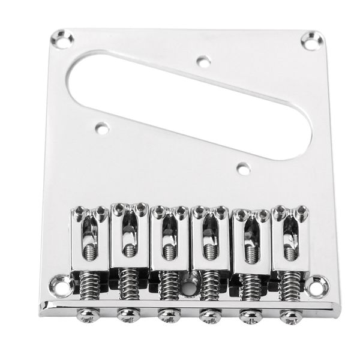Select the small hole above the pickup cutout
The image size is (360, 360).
(x=203, y=61)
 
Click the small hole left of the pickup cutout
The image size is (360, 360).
(x=102, y=127)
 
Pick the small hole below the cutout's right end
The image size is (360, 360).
(x=242, y=169)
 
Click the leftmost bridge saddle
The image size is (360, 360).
(x=89, y=237)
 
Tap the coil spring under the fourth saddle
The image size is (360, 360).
(x=208, y=283)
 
